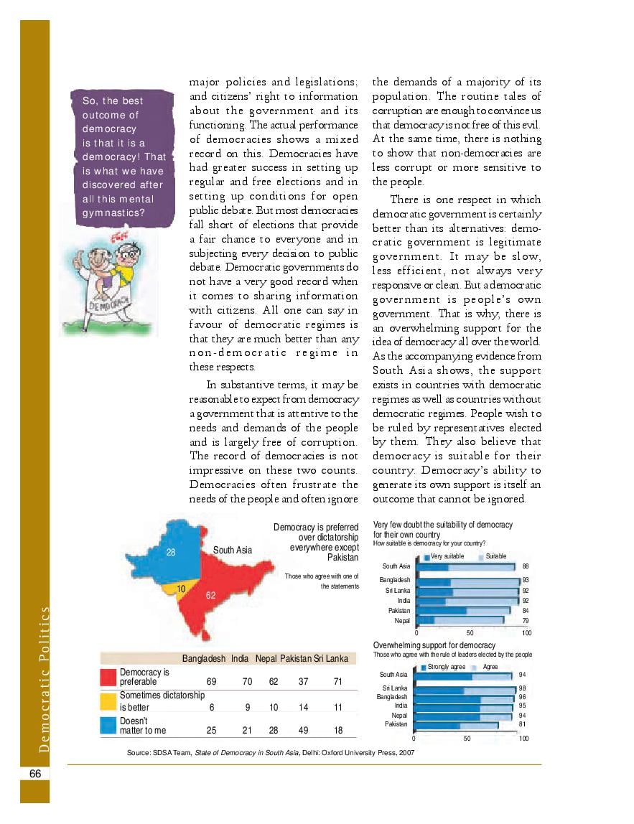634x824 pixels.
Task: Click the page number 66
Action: [34, 773]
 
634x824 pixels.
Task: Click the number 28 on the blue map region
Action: [171, 552]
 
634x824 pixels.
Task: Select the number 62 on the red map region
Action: [210, 595]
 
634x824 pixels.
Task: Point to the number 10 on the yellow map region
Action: [182, 589]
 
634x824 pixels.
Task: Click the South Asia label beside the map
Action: [233, 550]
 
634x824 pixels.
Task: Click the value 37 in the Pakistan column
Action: [303, 681]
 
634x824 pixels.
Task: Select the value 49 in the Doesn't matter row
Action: [303, 730]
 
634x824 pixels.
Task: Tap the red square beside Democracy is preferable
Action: [108, 677]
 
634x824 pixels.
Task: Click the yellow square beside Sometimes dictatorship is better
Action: [108, 701]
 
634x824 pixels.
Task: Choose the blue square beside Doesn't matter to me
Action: [108, 725]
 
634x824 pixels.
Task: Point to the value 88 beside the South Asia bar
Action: [526, 566]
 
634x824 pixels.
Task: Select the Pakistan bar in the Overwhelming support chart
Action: [456, 724]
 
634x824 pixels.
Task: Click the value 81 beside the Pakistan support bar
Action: [522, 724]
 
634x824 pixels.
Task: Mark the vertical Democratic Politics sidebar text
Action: [45, 679]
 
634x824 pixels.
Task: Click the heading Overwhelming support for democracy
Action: [434, 645]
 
